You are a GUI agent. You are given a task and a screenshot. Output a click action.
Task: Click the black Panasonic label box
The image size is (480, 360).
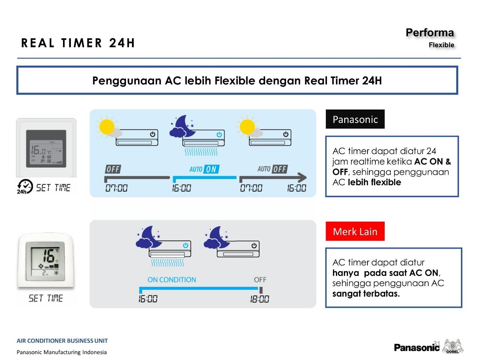click(x=355, y=119)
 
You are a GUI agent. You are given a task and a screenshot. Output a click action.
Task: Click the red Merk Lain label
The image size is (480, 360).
click(x=355, y=231)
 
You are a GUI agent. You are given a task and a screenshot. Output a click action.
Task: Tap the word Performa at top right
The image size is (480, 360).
click(x=429, y=33)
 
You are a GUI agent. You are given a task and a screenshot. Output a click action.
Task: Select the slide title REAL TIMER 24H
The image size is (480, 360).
click(x=78, y=43)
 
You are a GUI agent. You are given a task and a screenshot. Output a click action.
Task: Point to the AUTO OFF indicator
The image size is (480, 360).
click(x=272, y=169)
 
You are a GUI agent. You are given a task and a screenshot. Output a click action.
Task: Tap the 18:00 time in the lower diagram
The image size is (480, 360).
click(x=259, y=299)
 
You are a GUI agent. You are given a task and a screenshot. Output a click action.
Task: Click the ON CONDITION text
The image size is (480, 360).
click(x=172, y=280)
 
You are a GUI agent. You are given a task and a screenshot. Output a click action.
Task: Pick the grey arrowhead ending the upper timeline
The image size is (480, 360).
click(x=302, y=177)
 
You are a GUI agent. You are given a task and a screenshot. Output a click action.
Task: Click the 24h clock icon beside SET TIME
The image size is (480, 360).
click(x=25, y=186)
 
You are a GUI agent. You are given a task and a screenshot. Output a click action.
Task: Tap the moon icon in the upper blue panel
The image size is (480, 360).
click(x=183, y=126)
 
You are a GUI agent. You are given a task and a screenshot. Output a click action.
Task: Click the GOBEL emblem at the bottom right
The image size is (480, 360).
click(x=453, y=346)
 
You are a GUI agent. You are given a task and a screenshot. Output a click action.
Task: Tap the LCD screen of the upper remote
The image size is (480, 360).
click(x=46, y=149)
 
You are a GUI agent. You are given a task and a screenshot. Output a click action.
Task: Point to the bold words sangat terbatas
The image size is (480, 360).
click(x=366, y=294)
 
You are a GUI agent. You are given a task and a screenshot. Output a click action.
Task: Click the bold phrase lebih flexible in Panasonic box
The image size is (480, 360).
click(x=374, y=182)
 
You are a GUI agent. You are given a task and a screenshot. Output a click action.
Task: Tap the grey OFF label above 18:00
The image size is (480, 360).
click(x=260, y=280)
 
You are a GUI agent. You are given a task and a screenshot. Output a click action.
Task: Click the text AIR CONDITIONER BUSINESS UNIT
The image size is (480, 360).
click(x=62, y=341)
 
